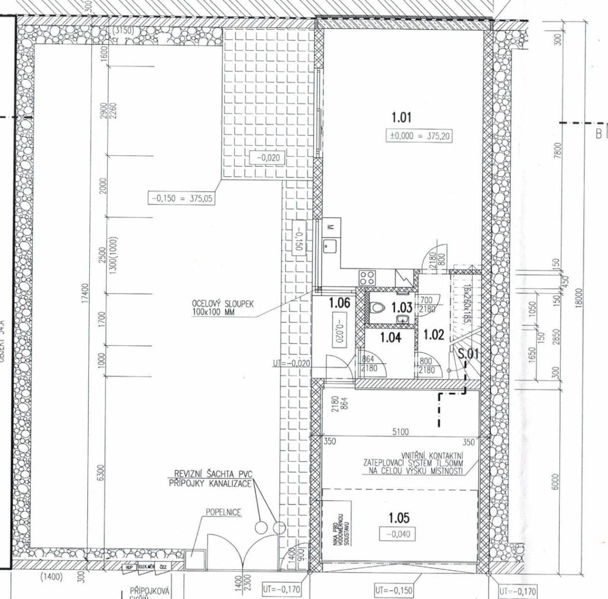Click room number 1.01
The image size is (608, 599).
pos(401,118)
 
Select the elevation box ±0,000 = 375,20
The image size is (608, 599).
pos(419,136)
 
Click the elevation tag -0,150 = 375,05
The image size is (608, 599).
pos(182,198)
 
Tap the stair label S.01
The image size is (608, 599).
pos(468,354)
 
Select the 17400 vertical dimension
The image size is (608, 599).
pos(85,294)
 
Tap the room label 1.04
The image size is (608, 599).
pos(390,337)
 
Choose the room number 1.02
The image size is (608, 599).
pos(434,334)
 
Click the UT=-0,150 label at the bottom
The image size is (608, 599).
pos(394,591)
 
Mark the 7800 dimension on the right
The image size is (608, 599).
pos(558,151)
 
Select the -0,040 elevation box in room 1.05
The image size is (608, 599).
pos(398,534)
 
